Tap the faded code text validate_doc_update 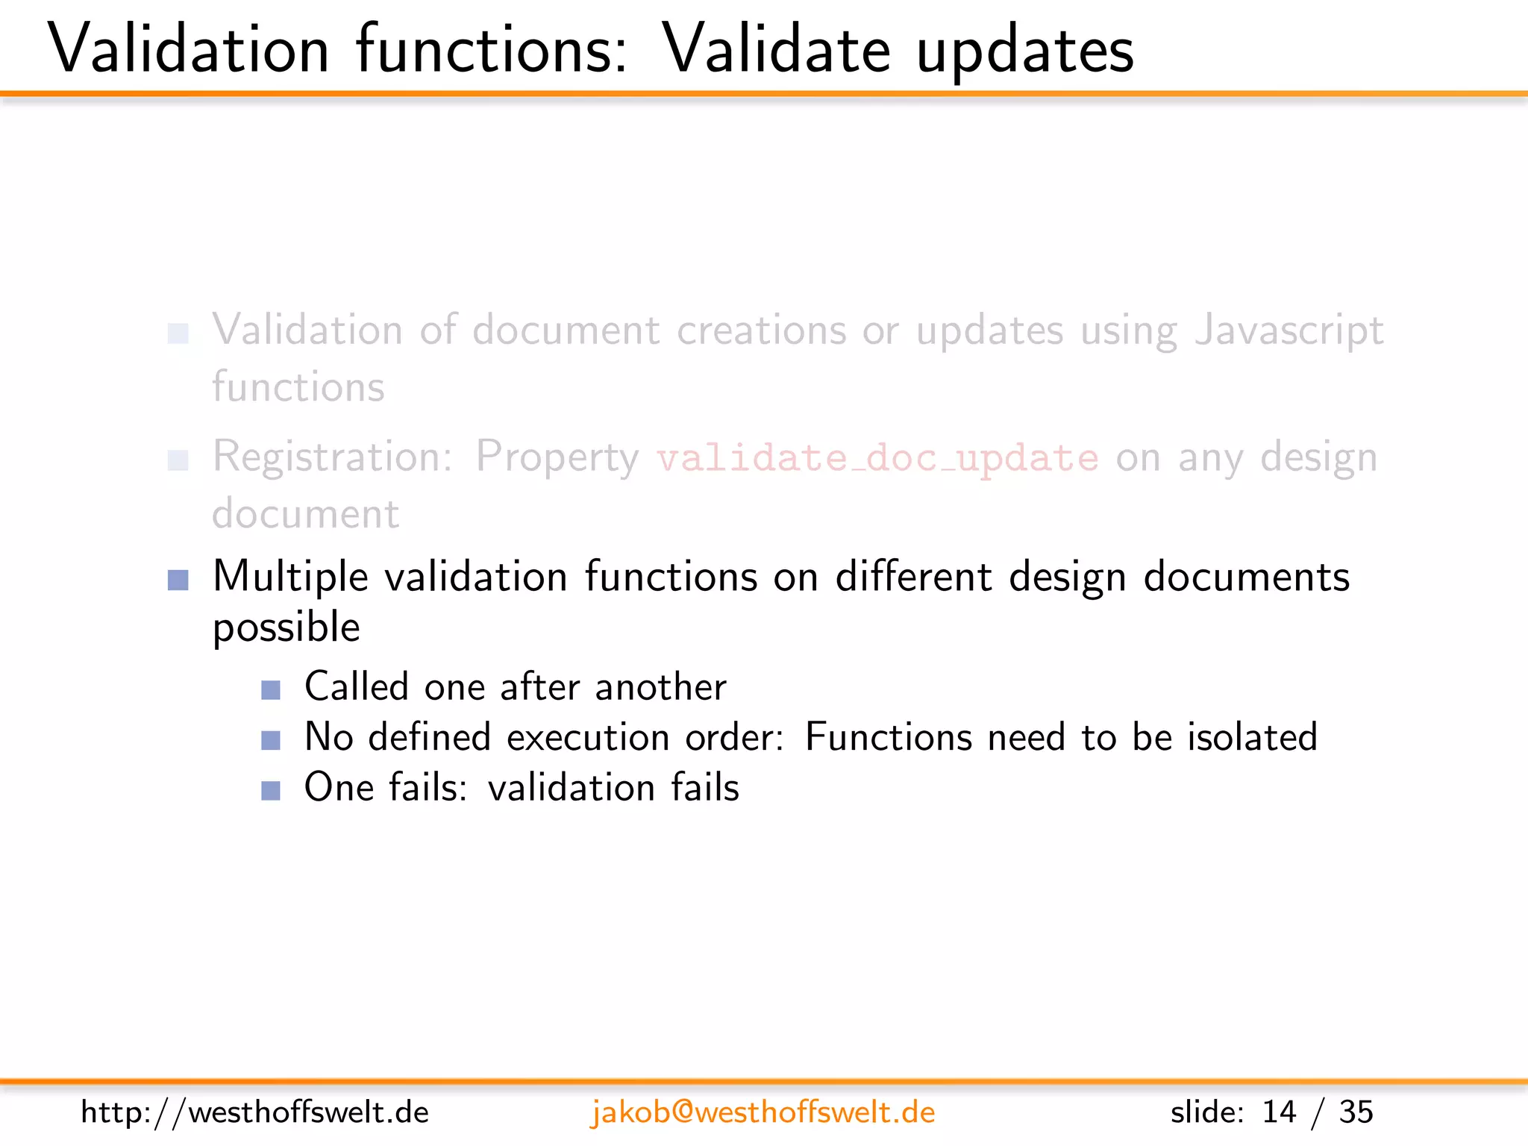(x=877, y=457)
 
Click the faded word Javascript (x=1289, y=331)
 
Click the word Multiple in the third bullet (x=290, y=577)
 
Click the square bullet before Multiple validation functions (x=178, y=580)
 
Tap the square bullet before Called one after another (x=271, y=689)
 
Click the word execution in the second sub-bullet (x=588, y=738)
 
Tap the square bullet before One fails (x=271, y=790)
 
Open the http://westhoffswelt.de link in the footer (x=254, y=1112)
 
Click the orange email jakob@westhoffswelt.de (x=763, y=1112)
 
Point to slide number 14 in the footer (x=1279, y=1112)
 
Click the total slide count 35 (x=1356, y=1112)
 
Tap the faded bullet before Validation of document (x=178, y=334)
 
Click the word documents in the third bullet (x=1246, y=577)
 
